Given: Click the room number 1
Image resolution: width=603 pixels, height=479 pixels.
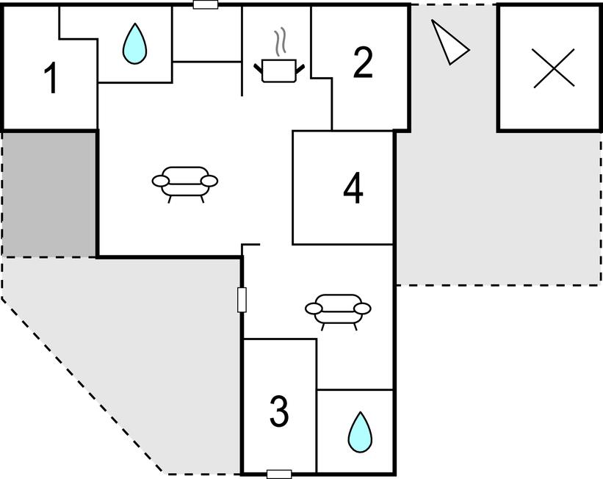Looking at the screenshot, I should tap(51, 79).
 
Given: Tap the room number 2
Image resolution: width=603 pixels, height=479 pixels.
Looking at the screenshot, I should tap(363, 64).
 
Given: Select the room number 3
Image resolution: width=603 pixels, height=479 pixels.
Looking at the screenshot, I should tap(278, 411).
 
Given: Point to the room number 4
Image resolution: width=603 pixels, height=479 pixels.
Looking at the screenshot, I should tap(353, 189).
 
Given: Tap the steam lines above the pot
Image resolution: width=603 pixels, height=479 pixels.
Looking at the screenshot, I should tap(279, 43).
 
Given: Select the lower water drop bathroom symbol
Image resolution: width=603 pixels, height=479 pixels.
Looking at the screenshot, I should tap(359, 432).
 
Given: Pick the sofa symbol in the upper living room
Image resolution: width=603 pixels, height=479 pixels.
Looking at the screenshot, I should tap(185, 181).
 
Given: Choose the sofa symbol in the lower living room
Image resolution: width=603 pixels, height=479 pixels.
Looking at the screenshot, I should tap(338, 309).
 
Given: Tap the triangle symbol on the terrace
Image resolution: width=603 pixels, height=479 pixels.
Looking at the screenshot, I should tap(448, 42).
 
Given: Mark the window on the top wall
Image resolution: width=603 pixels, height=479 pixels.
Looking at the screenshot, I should tap(206, 4).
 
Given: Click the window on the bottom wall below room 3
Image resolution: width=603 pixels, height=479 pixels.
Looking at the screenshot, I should tap(279, 474).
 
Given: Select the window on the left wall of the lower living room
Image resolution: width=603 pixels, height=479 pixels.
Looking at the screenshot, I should tap(242, 300).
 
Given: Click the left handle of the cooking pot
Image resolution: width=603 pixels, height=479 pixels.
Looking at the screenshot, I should tap(259, 70).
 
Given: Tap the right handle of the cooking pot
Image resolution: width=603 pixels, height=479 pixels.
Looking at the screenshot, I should tap(299, 70).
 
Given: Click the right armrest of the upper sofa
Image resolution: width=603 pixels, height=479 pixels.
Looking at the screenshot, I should tap(210, 181).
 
